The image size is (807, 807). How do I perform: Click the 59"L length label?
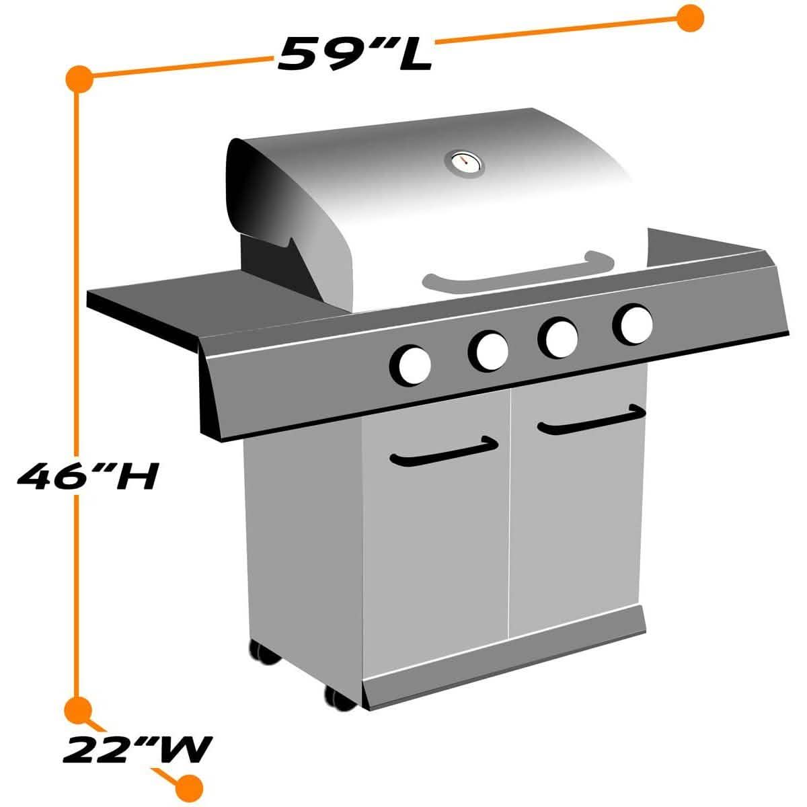[x=354, y=53]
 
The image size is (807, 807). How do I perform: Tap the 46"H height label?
[x=87, y=477]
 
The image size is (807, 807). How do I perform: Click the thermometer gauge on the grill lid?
[x=464, y=162]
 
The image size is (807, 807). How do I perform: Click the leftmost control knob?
[x=410, y=365]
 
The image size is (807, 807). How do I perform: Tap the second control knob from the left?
[x=489, y=350]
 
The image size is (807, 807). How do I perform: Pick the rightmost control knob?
[x=633, y=323]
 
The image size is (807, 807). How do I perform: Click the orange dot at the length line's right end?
[x=689, y=18]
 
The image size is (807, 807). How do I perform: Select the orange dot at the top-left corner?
[x=79, y=78]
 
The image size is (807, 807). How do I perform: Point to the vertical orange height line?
[x=78, y=303]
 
